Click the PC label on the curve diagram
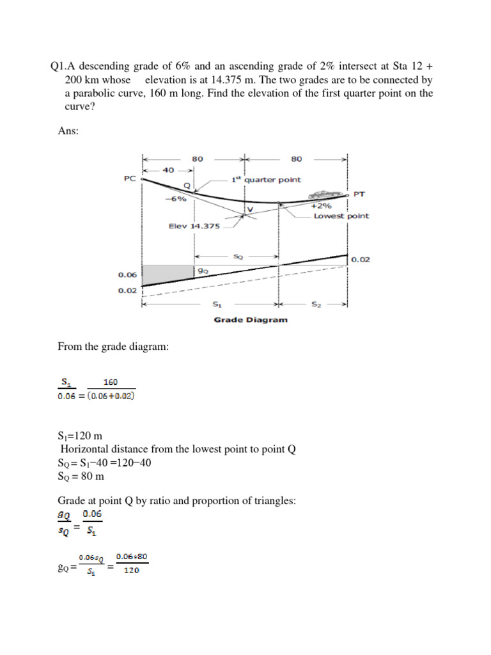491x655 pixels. [x=129, y=180]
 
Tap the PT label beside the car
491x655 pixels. [x=359, y=193]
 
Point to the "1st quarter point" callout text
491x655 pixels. [x=265, y=180]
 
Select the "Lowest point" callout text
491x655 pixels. [x=341, y=216]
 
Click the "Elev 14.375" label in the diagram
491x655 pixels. [x=194, y=226]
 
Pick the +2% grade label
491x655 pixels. [x=321, y=207]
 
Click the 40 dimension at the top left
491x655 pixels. [x=168, y=170]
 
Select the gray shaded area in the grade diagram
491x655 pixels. [x=168, y=272]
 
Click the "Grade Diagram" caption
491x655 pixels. [x=250, y=320]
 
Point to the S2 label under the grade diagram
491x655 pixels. [x=316, y=305]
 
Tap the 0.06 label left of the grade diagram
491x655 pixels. [x=128, y=275]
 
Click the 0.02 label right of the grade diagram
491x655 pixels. [x=361, y=259]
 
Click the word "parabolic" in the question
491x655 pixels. [x=97, y=93]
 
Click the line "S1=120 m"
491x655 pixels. [x=81, y=436]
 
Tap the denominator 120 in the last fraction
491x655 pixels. [x=130, y=571]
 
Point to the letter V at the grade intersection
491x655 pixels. [x=249, y=209]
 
